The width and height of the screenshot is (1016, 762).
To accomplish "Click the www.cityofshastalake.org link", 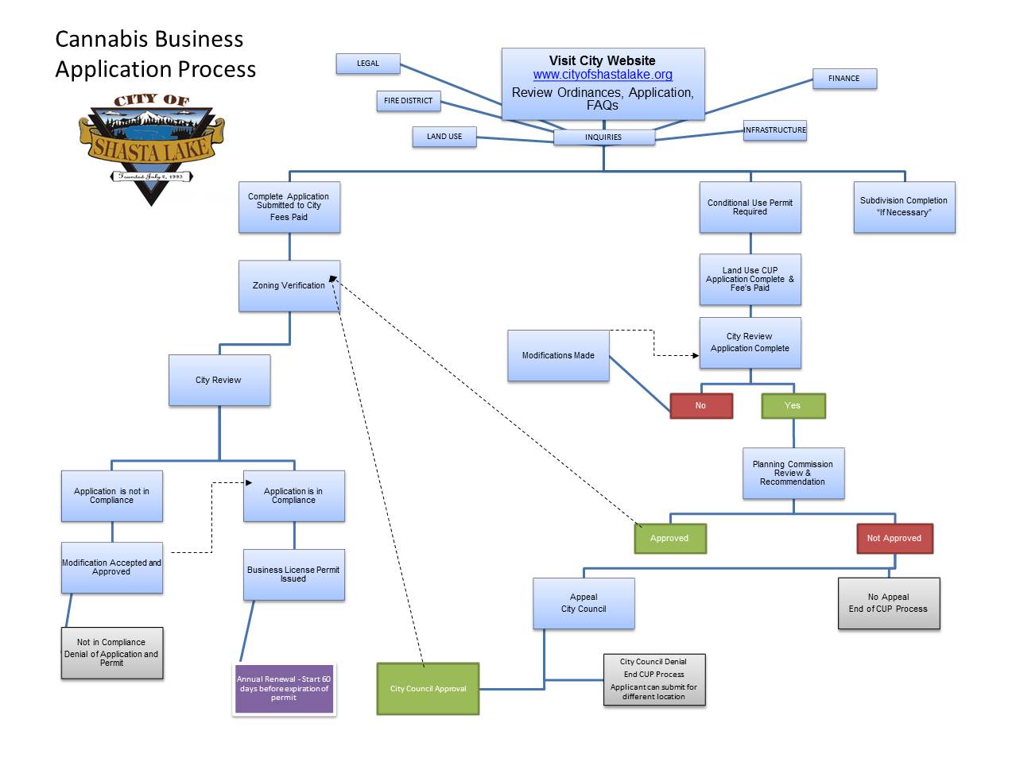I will click(603, 75).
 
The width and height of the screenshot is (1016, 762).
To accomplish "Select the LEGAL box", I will click(368, 64).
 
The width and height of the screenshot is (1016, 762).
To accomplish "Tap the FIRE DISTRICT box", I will click(408, 101).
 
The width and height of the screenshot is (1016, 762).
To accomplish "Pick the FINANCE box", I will click(843, 79).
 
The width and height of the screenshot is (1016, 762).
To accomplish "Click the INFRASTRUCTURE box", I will click(774, 130).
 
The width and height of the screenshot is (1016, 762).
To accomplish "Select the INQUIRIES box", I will click(603, 137).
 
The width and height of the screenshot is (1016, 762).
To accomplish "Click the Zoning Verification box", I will click(289, 285).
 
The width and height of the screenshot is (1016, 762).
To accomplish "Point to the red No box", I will click(700, 405).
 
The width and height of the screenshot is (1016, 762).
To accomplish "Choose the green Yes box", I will click(793, 405).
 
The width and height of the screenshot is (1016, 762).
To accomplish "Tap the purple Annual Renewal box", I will click(284, 689).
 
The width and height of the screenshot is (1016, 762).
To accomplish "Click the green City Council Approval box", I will click(428, 689).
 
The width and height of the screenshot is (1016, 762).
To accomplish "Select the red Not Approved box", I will click(894, 538).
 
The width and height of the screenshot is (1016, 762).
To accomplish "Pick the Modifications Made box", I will click(558, 355).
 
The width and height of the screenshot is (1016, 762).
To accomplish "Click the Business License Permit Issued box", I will click(293, 574).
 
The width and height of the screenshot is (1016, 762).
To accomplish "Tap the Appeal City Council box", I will click(584, 603).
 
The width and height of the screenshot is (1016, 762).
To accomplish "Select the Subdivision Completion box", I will click(904, 207).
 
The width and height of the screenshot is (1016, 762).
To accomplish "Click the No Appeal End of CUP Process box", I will click(888, 603).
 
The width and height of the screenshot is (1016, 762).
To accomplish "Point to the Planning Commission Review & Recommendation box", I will click(793, 473).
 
